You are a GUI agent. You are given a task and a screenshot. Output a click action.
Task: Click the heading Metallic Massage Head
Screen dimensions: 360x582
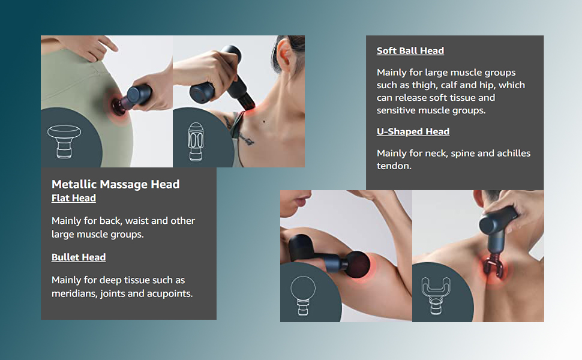(x=115, y=184)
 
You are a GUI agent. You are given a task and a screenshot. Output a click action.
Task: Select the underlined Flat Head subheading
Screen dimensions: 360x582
(x=73, y=198)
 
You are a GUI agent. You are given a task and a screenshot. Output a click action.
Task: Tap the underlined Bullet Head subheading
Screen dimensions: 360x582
(x=79, y=257)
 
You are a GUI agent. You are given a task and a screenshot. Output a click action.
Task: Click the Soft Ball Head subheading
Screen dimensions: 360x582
(x=410, y=51)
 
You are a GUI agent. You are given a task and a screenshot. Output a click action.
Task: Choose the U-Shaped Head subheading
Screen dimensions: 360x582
(x=413, y=131)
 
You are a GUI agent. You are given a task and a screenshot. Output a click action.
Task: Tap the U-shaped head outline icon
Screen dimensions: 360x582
(x=437, y=295)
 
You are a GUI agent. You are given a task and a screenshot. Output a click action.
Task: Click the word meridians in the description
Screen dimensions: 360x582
(x=77, y=293)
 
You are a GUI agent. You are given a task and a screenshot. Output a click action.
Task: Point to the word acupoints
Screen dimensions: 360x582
(x=172, y=293)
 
